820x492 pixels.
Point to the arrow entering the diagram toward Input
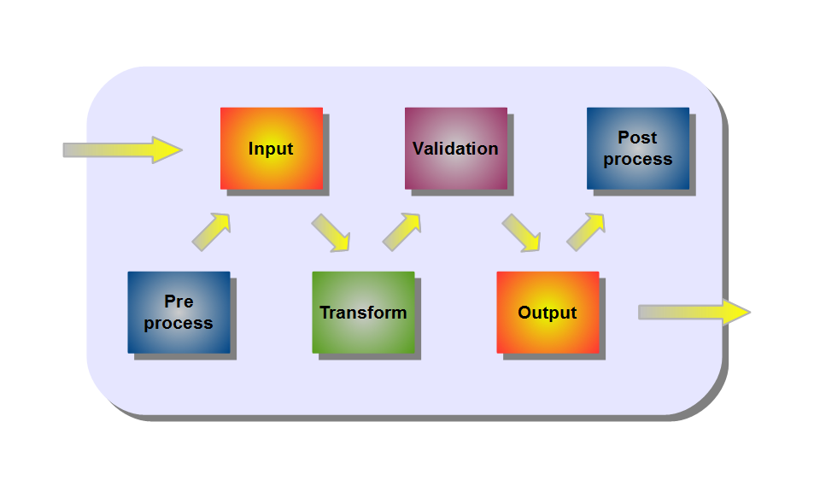[122, 149]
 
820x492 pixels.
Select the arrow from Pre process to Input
[211, 231]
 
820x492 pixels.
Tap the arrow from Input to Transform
[331, 232]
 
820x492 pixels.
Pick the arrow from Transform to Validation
[401, 231]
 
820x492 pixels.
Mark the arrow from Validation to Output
[521, 232]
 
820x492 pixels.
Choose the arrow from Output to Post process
[586, 231]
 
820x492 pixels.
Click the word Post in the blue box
[637, 138]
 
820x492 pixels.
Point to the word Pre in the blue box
[179, 302]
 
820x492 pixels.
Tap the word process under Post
[638, 159]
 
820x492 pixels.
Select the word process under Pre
[179, 323]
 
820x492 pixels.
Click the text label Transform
[363, 313]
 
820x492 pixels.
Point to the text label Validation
[455, 149]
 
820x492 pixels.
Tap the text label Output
[548, 313]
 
